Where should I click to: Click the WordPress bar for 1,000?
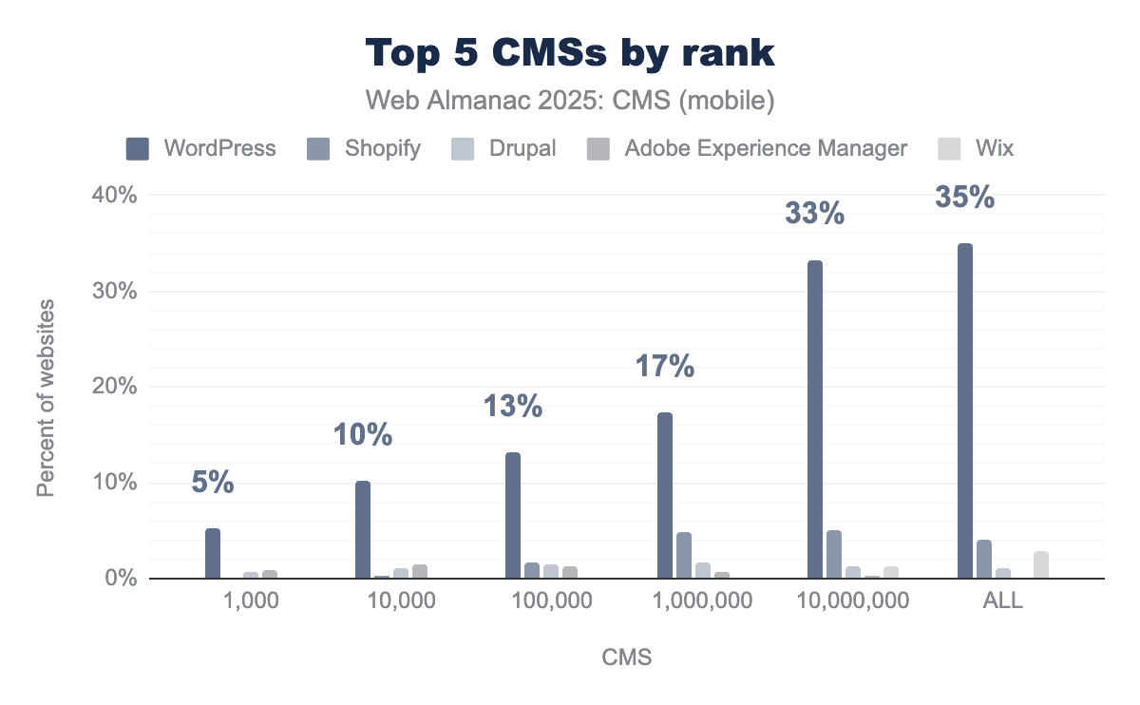pyautogui.click(x=213, y=554)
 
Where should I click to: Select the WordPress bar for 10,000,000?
pyautogui.click(x=814, y=419)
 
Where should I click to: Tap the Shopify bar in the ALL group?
pyautogui.click(x=984, y=560)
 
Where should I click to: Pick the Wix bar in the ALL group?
pyautogui.click(x=1041, y=564)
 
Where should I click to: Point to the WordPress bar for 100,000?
pyautogui.click(x=513, y=516)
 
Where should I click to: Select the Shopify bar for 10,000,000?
pyautogui.click(x=834, y=555)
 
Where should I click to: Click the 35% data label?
pyautogui.click(x=964, y=198)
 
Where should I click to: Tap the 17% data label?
pyautogui.click(x=664, y=367)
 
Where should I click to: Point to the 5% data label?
pyautogui.click(x=212, y=483)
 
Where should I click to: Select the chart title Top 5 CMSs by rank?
pyautogui.click(x=570, y=54)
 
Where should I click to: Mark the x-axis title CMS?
pyautogui.click(x=627, y=657)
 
